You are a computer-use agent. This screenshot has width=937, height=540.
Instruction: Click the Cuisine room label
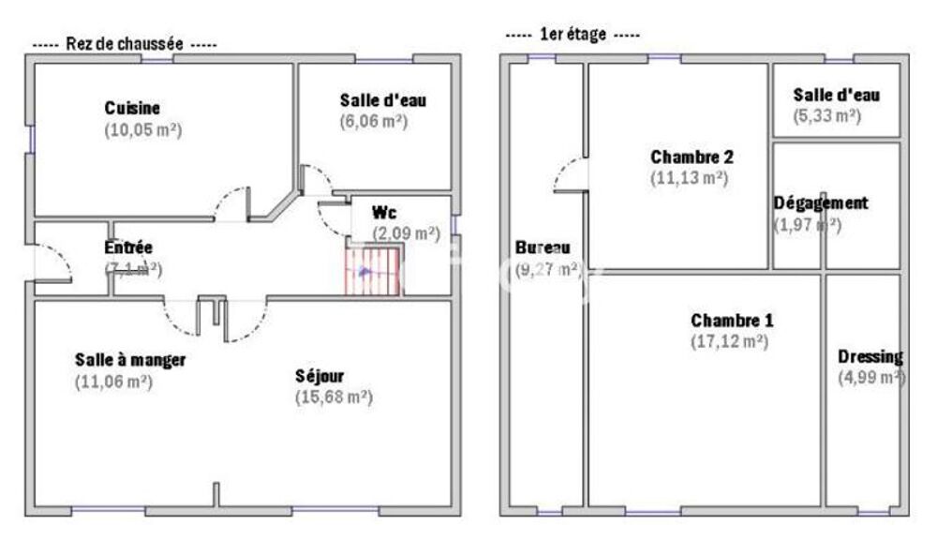132,108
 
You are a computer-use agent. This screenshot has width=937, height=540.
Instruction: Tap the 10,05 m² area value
142,130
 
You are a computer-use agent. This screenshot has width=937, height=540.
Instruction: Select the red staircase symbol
374,270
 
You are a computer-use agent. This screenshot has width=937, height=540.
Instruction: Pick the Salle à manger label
130,360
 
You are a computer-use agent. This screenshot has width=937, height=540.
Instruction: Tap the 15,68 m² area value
334,397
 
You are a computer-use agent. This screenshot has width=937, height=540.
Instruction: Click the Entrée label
128,248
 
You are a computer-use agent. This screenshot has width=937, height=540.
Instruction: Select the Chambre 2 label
692,156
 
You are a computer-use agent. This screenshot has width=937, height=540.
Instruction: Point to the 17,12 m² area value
730,342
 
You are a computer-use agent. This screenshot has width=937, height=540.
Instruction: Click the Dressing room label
870,356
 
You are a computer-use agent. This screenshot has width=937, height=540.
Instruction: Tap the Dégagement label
821,202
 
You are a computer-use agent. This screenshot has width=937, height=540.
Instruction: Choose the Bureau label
543,248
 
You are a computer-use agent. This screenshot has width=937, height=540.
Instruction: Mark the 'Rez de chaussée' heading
124,44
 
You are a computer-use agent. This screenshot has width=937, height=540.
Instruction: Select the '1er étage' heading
572,35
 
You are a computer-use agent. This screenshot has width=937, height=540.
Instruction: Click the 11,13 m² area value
689,177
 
